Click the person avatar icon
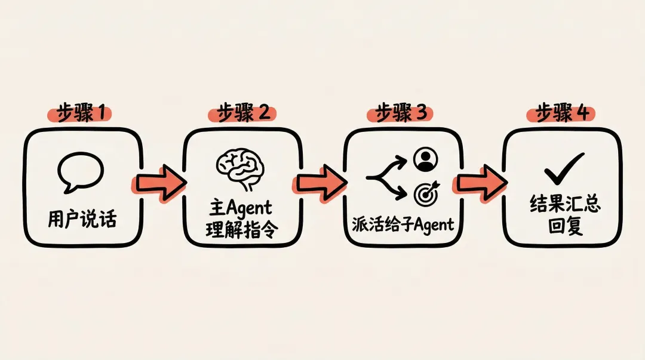[425, 159]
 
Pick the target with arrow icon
[426, 193]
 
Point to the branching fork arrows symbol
[386, 177]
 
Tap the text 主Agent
[240, 208]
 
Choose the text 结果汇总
[561, 206]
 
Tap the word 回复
[561, 227]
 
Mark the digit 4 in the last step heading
[581, 112]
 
